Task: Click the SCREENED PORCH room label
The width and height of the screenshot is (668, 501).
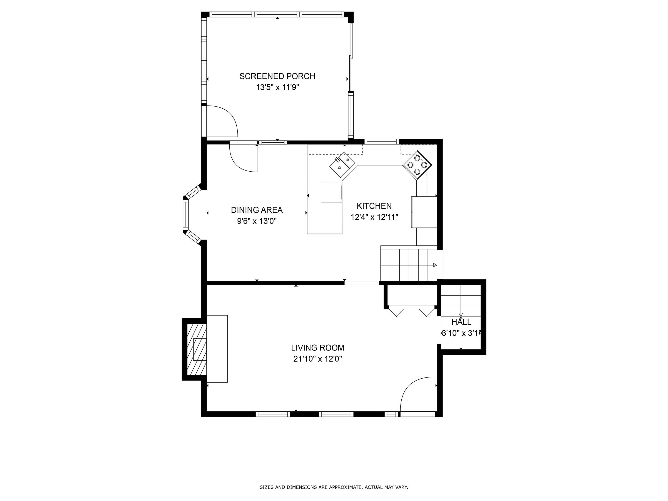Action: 277,76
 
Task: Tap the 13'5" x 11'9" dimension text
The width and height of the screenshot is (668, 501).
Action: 277,88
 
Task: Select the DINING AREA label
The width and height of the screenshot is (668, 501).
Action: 257,210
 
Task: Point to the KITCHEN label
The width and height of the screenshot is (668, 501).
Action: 374,206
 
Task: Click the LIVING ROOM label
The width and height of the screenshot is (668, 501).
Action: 317,348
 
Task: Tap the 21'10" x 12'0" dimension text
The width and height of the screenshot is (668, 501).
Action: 317,359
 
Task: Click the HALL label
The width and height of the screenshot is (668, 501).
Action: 461,322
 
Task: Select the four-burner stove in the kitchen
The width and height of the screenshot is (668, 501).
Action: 417,165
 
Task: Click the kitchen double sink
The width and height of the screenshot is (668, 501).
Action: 342,165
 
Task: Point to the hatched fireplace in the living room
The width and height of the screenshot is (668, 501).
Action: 197,349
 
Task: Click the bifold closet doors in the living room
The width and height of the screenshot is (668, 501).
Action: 412,311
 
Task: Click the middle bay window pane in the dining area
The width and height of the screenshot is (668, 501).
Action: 185,214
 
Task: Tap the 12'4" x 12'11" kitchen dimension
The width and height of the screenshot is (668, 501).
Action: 374,217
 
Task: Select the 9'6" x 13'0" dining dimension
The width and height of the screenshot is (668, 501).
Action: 257,221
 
